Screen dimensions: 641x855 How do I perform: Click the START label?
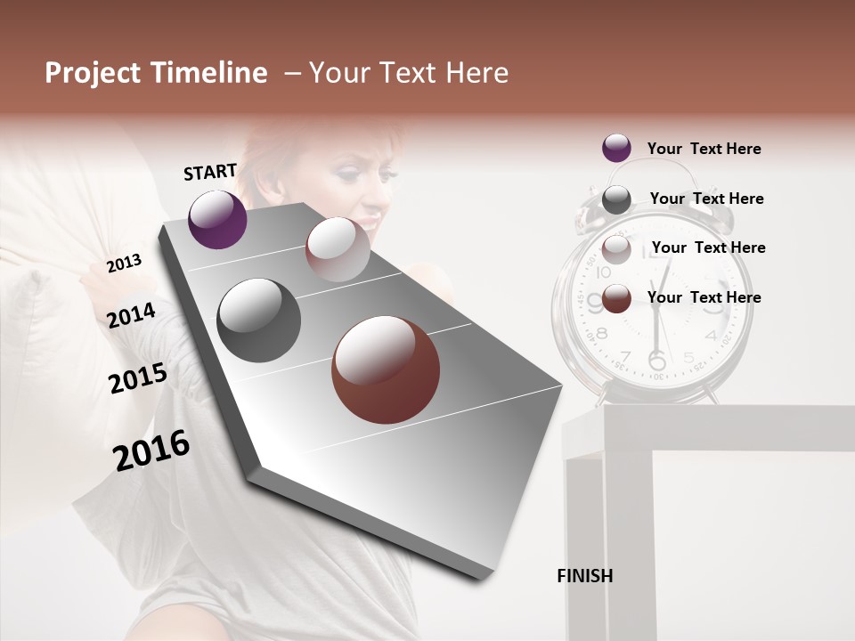[210, 172]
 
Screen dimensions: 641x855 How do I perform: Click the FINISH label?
[585, 576]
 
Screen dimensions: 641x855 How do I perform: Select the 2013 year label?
[125, 263]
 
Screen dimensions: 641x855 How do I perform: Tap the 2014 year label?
[132, 315]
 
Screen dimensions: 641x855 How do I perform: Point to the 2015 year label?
[138, 378]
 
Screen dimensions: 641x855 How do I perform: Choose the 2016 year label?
[152, 450]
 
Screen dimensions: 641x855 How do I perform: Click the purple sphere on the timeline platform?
[217, 219]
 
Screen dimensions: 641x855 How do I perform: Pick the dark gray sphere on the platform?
[259, 320]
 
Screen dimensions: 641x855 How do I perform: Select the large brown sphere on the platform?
[386, 369]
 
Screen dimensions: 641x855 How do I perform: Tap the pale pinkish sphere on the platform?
[338, 249]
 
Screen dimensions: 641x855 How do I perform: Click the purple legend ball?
[616, 149]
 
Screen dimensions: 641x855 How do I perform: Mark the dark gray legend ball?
[616, 199]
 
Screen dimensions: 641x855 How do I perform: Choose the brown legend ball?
[616, 298]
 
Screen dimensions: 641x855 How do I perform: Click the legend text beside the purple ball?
[704, 149]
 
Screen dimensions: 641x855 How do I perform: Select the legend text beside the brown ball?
[704, 297]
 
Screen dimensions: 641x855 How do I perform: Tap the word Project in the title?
[93, 73]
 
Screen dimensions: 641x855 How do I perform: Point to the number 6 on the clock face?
[656, 361]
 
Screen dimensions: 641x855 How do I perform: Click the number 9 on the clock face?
[595, 304]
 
